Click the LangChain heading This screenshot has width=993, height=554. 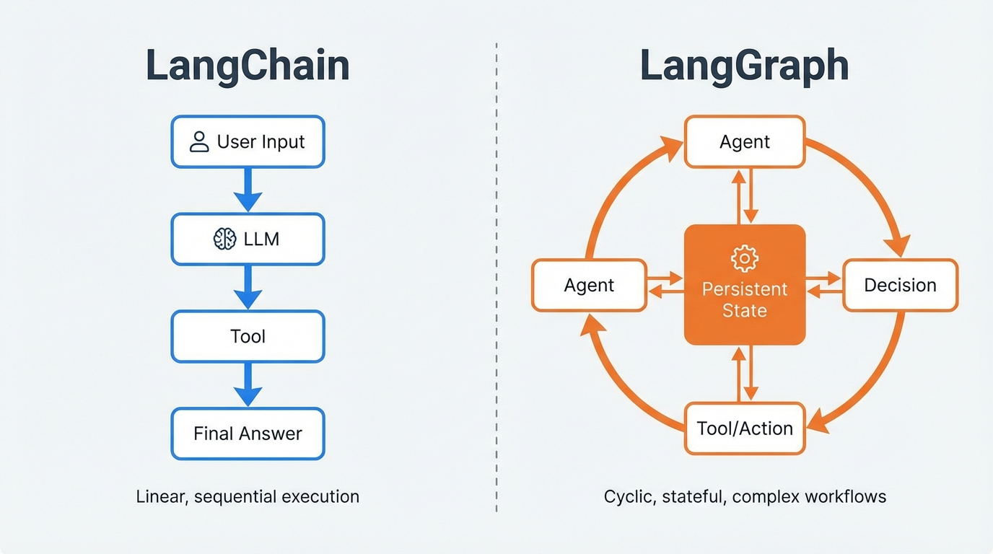coord(248,66)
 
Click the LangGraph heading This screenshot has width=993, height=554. coord(744,66)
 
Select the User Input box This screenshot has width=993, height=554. coord(248,141)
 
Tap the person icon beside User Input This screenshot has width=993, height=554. coord(199,141)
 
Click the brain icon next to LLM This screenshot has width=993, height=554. coord(225,239)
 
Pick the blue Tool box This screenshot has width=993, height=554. coord(248,336)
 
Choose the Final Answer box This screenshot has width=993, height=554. coord(248,434)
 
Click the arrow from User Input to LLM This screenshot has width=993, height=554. coord(248,190)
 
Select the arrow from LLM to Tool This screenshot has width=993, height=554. coord(248,287)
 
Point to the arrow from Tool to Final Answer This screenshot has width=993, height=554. coord(248,384)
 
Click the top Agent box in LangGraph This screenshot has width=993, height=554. coord(744,141)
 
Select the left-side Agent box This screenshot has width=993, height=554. coord(589,285)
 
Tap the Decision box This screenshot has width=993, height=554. coord(900,285)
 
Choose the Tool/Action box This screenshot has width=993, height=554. coord(744,428)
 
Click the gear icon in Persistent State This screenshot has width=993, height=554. coord(744,258)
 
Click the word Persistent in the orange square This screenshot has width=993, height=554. coord(744,289)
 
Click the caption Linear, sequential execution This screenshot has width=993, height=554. coord(248,496)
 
